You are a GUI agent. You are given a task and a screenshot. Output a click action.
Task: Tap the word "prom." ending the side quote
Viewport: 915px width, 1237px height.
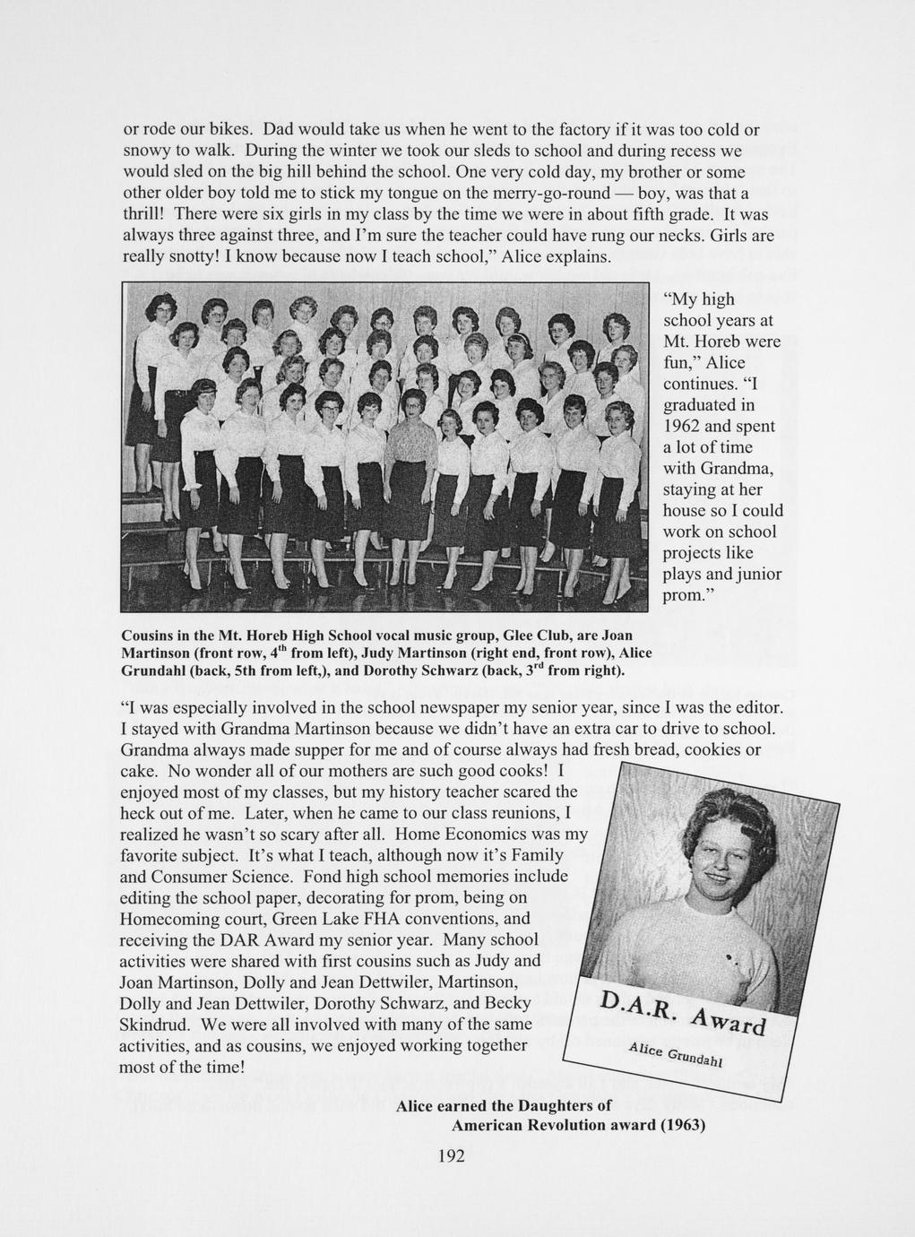pyautogui.click(x=685, y=595)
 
